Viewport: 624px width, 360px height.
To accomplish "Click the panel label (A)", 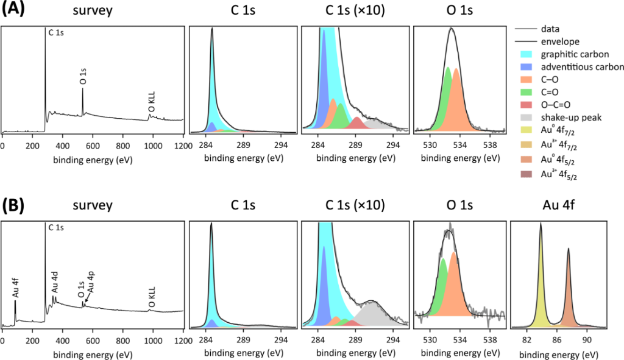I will click(x=13, y=10).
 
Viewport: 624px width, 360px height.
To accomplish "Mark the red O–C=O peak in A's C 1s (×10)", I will click(x=357, y=124).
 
